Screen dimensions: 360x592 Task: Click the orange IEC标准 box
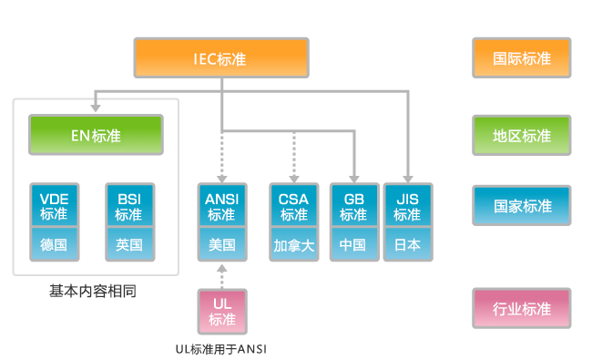point(221,58)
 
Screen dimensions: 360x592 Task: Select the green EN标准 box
point(96,136)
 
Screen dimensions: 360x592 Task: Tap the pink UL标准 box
point(221,310)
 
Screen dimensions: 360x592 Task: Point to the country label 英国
point(128,244)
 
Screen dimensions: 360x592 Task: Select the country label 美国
point(221,244)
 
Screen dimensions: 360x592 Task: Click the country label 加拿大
point(294,244)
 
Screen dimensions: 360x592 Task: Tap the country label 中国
point(353,244)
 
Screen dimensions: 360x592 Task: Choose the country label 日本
point(407,244)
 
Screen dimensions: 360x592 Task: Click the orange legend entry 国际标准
point(522,58)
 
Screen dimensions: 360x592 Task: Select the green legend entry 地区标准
point(522,136)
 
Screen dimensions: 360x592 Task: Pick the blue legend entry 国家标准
point(522,206)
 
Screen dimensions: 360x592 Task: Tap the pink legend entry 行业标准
point(522,309)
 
